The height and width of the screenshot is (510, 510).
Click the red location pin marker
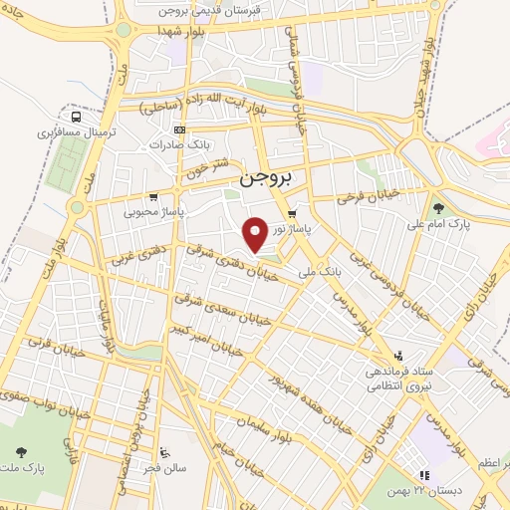point(256,234)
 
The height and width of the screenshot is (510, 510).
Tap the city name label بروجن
point(269,180)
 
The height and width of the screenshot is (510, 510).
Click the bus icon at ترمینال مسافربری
point(78,117)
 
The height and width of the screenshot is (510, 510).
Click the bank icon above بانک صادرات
point(179,130)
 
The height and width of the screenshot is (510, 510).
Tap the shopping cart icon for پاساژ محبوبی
point(152,196)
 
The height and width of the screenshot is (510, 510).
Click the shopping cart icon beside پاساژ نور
point(292,214)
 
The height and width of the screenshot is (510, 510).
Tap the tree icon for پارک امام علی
point(438,208)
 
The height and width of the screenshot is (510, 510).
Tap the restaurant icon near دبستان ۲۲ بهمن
point(422,476)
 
